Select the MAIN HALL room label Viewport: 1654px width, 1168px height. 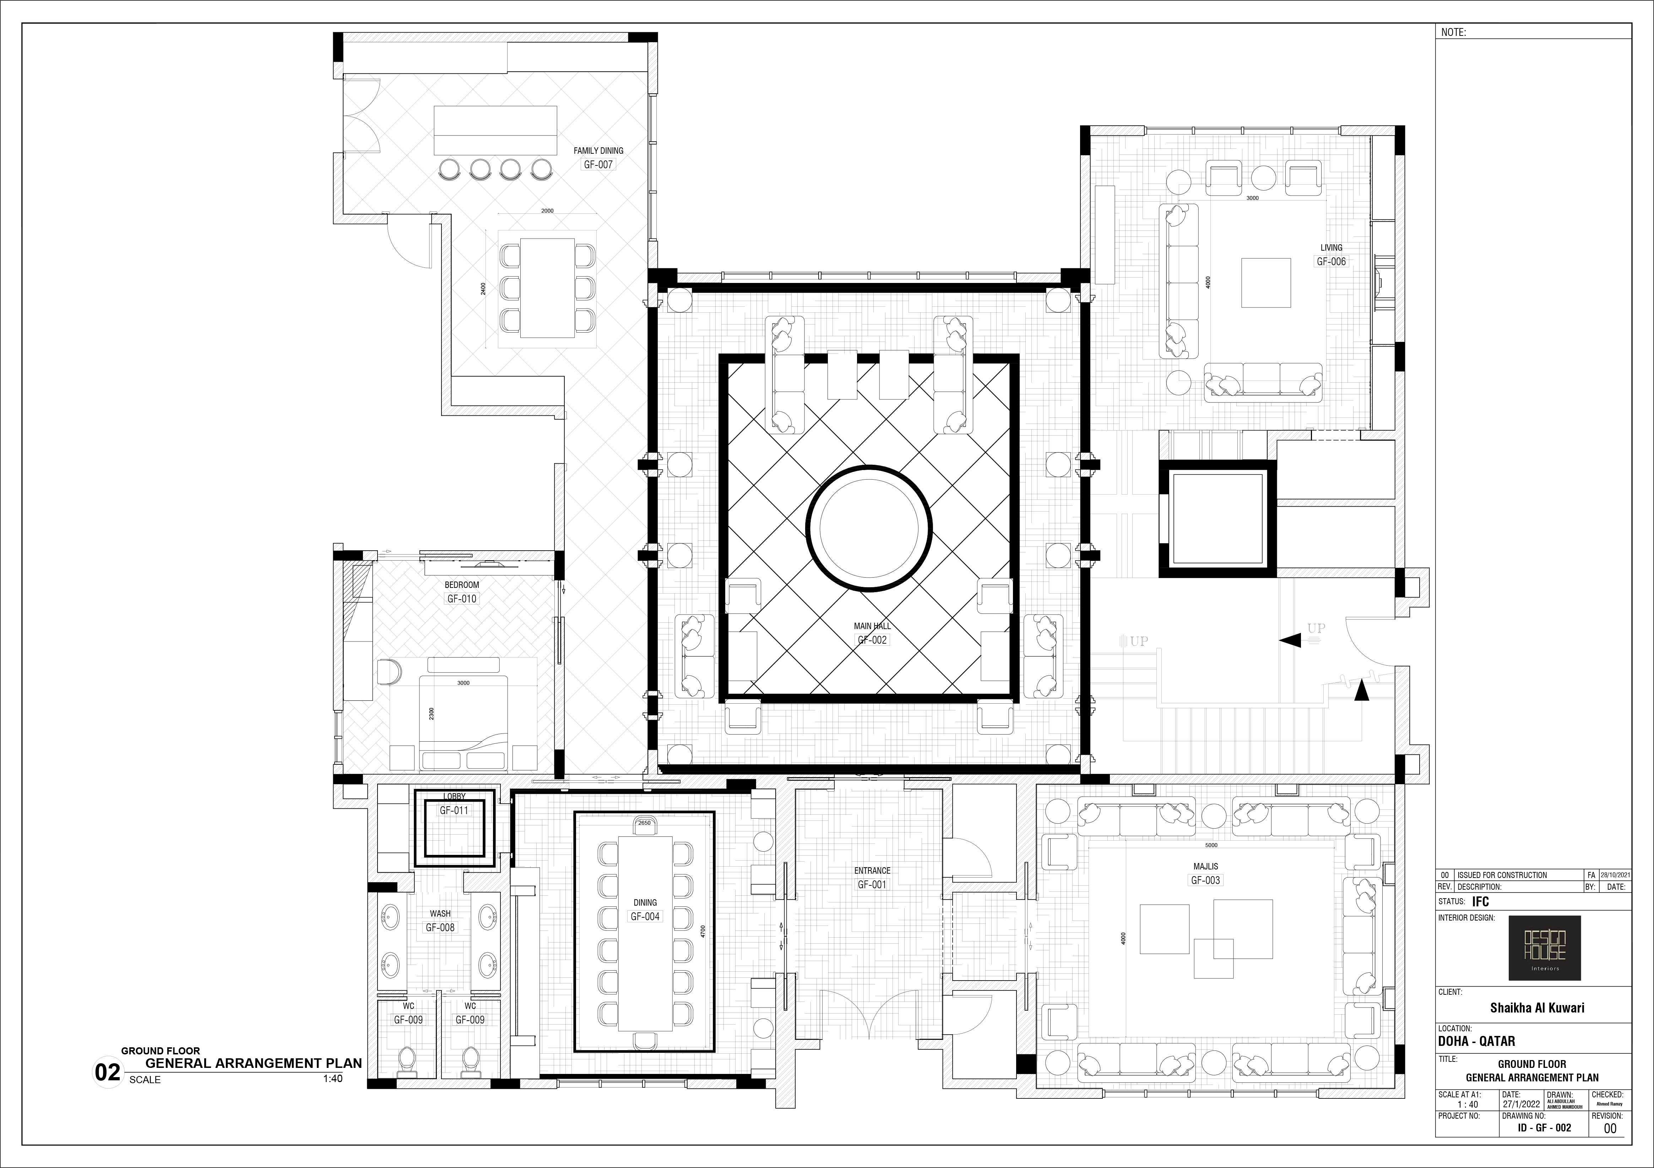coord(872,626)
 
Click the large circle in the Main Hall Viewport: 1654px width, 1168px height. coord(869,528)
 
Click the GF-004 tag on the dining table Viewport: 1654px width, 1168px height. coord(645,917)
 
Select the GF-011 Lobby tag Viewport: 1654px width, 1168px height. coord(455,810)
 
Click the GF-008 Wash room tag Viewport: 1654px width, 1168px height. coord(440,928)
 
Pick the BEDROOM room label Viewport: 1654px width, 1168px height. coord(462,585)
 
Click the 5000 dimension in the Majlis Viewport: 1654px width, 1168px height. coord(1211,845)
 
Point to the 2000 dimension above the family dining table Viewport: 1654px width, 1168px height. coord(548,211)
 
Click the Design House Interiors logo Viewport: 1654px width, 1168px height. coord(1545,948)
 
